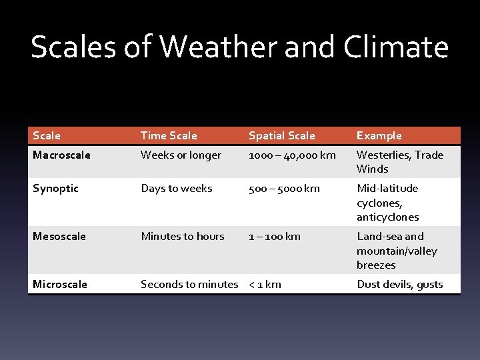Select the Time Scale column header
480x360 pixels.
coord(169,135)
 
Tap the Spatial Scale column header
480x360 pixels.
coord(281,135)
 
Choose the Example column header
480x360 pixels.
coord(379,135)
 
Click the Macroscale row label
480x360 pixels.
coord(61,155)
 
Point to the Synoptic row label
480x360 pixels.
coord(55,188)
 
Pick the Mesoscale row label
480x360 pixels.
coord(59,236)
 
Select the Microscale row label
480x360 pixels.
coord(60,284)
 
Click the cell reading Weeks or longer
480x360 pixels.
coord(181,155)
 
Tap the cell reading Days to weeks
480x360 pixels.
coord(176,188)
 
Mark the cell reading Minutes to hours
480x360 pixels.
coord(182,236)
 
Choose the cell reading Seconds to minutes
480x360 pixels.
coord(189,284)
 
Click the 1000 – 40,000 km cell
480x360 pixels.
coord(292,155)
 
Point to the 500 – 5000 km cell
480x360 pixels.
coord(284,188)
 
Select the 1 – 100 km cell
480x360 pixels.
coord(274,236)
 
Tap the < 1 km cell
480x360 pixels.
coord(265,284)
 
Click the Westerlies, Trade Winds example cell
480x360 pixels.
coord(399,161)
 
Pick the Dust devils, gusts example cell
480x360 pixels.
coord(399,284)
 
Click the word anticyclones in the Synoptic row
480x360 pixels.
coord(387,217)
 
